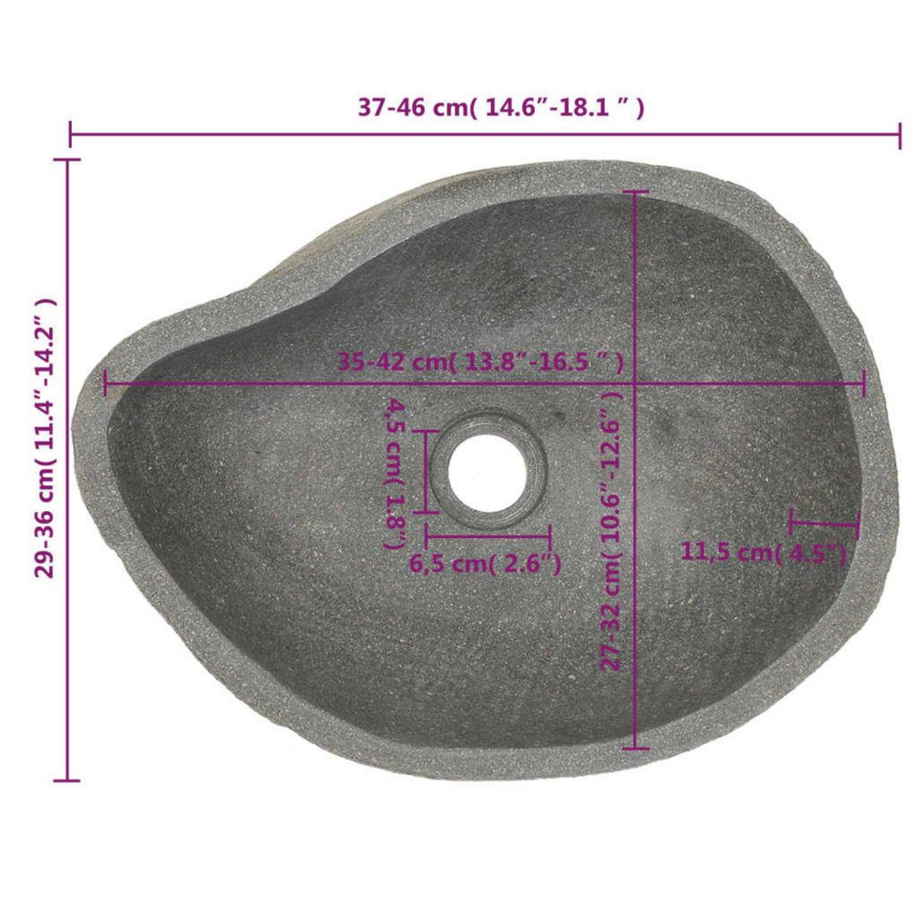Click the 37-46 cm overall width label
click(501, 108)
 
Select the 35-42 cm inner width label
click(481, 361)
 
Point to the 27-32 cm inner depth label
click(611, 532)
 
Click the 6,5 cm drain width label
click(486, 565)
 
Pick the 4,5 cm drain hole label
click(396, 473)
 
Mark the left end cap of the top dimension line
click(70, 134)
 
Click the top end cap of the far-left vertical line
click(68, 160)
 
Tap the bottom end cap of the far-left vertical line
click(68, 780)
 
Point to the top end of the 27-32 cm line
click(636, 192)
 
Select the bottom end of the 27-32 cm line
click(636, 748)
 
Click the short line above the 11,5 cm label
click(825, 524)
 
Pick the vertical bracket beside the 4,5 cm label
click(425, 471)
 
